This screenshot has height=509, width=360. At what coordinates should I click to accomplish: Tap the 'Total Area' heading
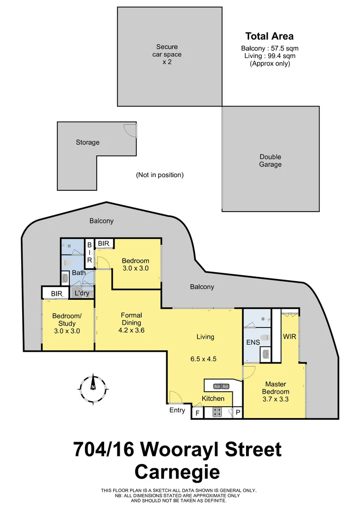pos(269,36)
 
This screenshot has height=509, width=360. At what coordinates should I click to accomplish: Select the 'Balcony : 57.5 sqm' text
pos(270,48)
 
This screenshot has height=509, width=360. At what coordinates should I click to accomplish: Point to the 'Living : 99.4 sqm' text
pos(270,56)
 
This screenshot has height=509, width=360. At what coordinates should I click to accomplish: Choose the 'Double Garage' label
pos(270,161)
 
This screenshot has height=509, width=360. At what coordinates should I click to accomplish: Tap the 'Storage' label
pos(88,142)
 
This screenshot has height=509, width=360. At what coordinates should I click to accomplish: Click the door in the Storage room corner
pos(130,130)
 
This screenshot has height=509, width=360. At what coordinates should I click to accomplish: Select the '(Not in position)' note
pos(160,175)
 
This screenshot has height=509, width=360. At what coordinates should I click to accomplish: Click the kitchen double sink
pos(221,386)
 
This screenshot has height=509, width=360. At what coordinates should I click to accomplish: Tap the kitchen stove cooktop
pos(217,412)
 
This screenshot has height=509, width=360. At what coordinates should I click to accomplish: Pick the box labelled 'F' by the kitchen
pos(198,412)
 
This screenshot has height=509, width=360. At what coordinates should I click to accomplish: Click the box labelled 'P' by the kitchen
pos(237,412)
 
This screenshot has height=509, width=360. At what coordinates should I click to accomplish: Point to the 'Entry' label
pos(177,410)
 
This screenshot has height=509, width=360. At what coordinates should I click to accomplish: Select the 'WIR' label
pos(289,337)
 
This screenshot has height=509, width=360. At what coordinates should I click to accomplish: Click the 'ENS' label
pos(253,343)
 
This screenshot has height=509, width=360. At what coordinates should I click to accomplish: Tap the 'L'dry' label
pos(82,293)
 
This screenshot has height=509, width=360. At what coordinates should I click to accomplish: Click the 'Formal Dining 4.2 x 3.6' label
pos(131,323)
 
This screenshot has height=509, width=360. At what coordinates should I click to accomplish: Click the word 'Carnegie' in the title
pos(177,472)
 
